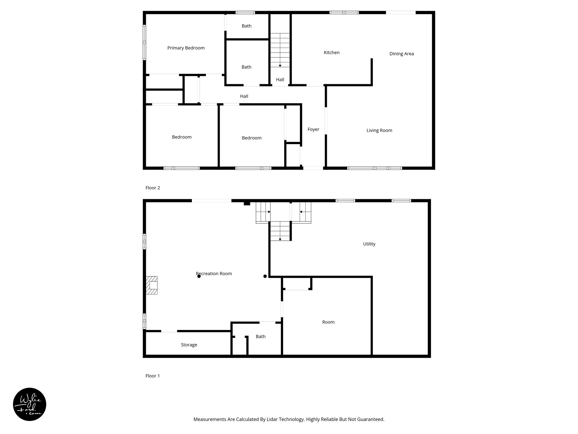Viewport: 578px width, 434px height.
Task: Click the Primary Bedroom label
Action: click(186, 48)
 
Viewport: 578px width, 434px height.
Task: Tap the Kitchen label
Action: click(332, 53)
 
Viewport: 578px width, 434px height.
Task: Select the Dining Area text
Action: click(401, 54)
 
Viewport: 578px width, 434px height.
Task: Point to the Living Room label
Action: click(379, 130)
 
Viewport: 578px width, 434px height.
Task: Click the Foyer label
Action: click(313, 129)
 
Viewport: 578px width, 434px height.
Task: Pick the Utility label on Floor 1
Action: click(369, 244)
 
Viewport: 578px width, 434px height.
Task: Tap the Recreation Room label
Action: click(214, 274)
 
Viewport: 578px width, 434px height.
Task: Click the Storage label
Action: click(189, 345)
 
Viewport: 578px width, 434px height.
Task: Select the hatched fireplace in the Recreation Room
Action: click(152, 285)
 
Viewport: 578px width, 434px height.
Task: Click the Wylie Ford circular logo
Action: click(30, 404)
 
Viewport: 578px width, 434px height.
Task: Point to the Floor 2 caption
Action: click(153, 188)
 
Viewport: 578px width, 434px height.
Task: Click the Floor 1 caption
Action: click(152, 376)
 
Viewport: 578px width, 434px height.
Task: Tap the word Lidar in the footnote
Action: click(271, 419)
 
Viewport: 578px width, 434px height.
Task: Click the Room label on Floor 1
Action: click(328, 322)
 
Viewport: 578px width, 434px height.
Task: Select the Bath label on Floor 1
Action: click(260, 337)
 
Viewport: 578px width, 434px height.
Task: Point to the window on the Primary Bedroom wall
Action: click(144, 42)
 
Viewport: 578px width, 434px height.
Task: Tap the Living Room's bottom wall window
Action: click(375, 168)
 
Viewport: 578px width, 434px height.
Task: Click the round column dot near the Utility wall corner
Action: click(265, 276)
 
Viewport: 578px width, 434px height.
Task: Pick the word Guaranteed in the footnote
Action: click(371, 419)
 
